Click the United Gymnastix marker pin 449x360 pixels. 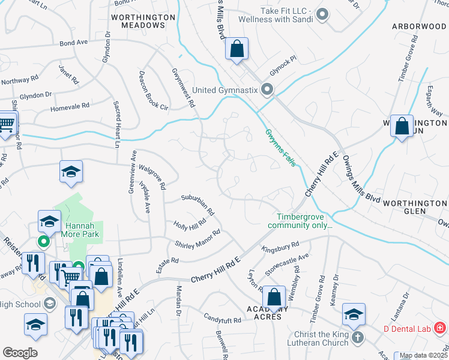click(268, 91)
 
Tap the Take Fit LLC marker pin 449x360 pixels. click(322, 14)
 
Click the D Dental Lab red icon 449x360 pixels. click(440, 328)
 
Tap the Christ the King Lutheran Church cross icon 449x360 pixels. click(358, 337)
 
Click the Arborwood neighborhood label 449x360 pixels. click(420, 26)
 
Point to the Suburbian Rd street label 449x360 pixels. click(198, 204)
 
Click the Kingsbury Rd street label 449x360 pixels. click(280, 247)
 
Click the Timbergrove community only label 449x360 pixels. click(304, 221)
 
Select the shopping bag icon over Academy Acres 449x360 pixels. click(274, 298)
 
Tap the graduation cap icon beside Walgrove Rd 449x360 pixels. click(71, 172)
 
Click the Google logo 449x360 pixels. click(20, 353)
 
